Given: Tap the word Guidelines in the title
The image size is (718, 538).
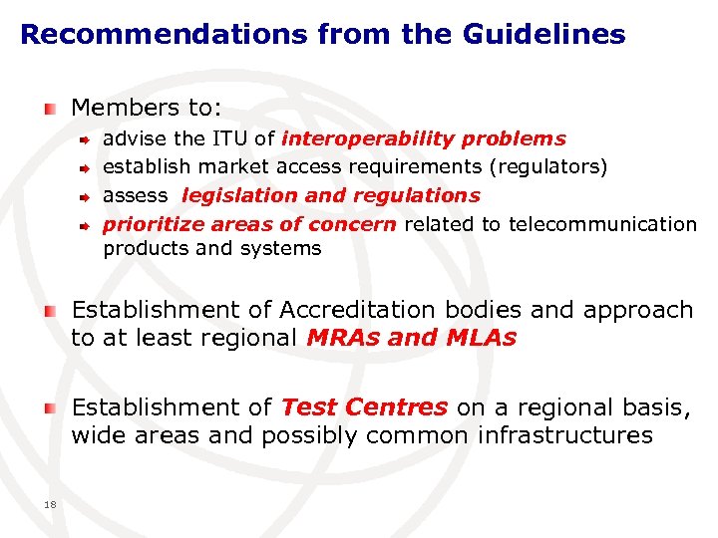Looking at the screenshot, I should pos(543,35).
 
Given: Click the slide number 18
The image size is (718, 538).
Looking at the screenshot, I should pos(50,505).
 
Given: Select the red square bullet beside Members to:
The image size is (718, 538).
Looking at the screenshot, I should pos(50,107).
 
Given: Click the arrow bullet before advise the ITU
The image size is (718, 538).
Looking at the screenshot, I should pos(87,139).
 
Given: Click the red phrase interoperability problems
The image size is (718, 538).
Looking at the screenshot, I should pos(424,138).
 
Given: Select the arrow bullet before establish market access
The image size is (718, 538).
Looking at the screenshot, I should pos(87,168).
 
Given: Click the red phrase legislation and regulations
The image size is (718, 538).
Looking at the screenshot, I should pos(331,196).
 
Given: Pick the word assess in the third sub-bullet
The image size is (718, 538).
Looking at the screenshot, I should pos(136,196).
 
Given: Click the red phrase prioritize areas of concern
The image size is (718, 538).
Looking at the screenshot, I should pos(249,224).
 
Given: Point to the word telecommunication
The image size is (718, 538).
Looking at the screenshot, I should pos(602,224).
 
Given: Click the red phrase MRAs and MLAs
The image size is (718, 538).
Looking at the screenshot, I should pos(412,338).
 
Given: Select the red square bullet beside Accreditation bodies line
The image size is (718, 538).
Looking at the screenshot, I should pos(50,311).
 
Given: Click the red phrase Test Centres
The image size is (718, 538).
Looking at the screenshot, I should pos(364,407).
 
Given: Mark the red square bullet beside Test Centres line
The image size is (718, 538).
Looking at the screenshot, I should pos(50,408).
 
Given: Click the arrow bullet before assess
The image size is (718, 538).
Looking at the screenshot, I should pos(87,196).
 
